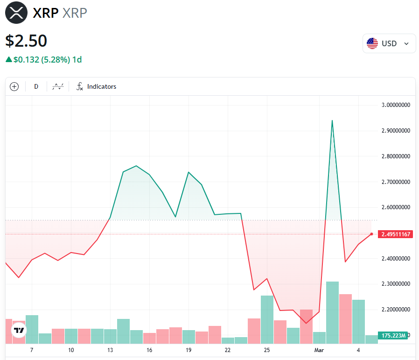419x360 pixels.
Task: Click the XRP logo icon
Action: [x=17, y=12]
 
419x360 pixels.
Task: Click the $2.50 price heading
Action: [x=26, y=41]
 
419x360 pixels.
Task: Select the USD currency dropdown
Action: [x=389, y=43]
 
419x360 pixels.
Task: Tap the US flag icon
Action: [x=372, y=43]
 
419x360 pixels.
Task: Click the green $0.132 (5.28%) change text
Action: [x=43, y=60]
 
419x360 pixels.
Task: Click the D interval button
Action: [x=36, y=86]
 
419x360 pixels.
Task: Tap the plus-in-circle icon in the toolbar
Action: [x=14, y=86]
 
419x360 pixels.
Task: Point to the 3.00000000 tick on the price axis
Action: [x=395, y=105]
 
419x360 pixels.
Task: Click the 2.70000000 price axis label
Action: [x=395, y=182]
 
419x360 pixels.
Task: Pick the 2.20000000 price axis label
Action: [x=395, y=310]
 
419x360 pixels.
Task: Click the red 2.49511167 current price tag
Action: [x=395, y=234]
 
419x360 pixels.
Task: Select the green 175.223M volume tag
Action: [x=394, y=335]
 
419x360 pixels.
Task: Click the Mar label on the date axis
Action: [x=319, y=350]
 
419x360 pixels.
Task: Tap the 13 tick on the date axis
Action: [x=110, y=350]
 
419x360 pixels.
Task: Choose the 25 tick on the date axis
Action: [x=267, y=350]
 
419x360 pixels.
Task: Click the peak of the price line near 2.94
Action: [x=332, y=120]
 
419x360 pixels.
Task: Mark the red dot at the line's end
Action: [x=371, y=234]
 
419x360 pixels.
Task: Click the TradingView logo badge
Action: [x=19, y=330]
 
